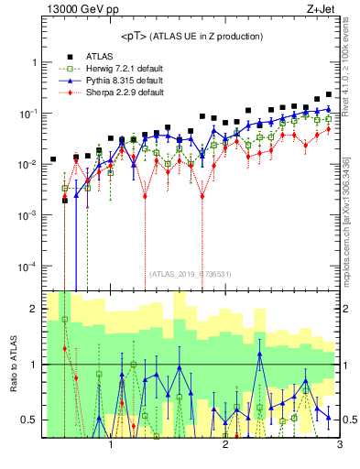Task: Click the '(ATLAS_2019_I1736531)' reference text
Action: click(191, 273)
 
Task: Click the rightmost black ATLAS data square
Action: click(328, 94)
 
